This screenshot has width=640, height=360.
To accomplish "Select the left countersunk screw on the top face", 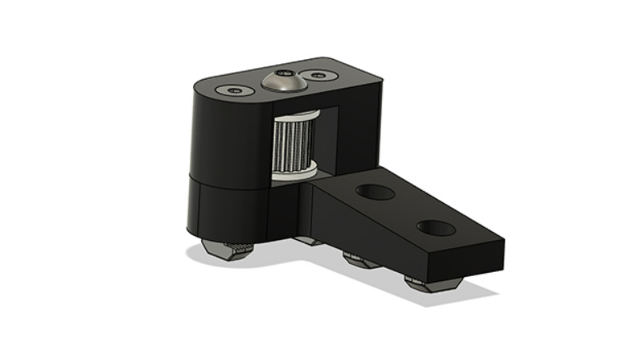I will pos(236,89).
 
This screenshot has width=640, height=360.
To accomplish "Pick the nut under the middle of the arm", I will pos(358,262).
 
